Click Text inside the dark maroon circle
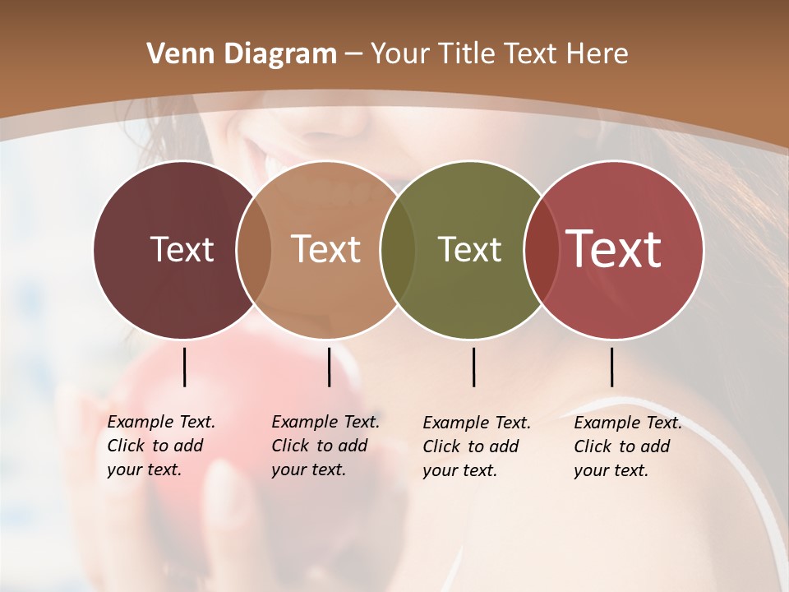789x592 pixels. click(x=182, y=249)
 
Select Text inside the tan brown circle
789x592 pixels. click(x=326, y=249)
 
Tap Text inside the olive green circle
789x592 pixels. click(x=469, y=249)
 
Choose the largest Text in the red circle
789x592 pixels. click(x=614, y=249)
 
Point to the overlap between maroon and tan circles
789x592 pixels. click(x=254, y=250)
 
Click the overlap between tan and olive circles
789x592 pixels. click(x=398, y=250)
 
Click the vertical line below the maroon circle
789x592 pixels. click(x=184, y=367)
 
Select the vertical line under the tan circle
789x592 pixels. click(x=329, y=367)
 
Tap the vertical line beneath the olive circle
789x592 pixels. click(x=473, y=367)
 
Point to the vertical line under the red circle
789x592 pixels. click(x=611, y=367)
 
